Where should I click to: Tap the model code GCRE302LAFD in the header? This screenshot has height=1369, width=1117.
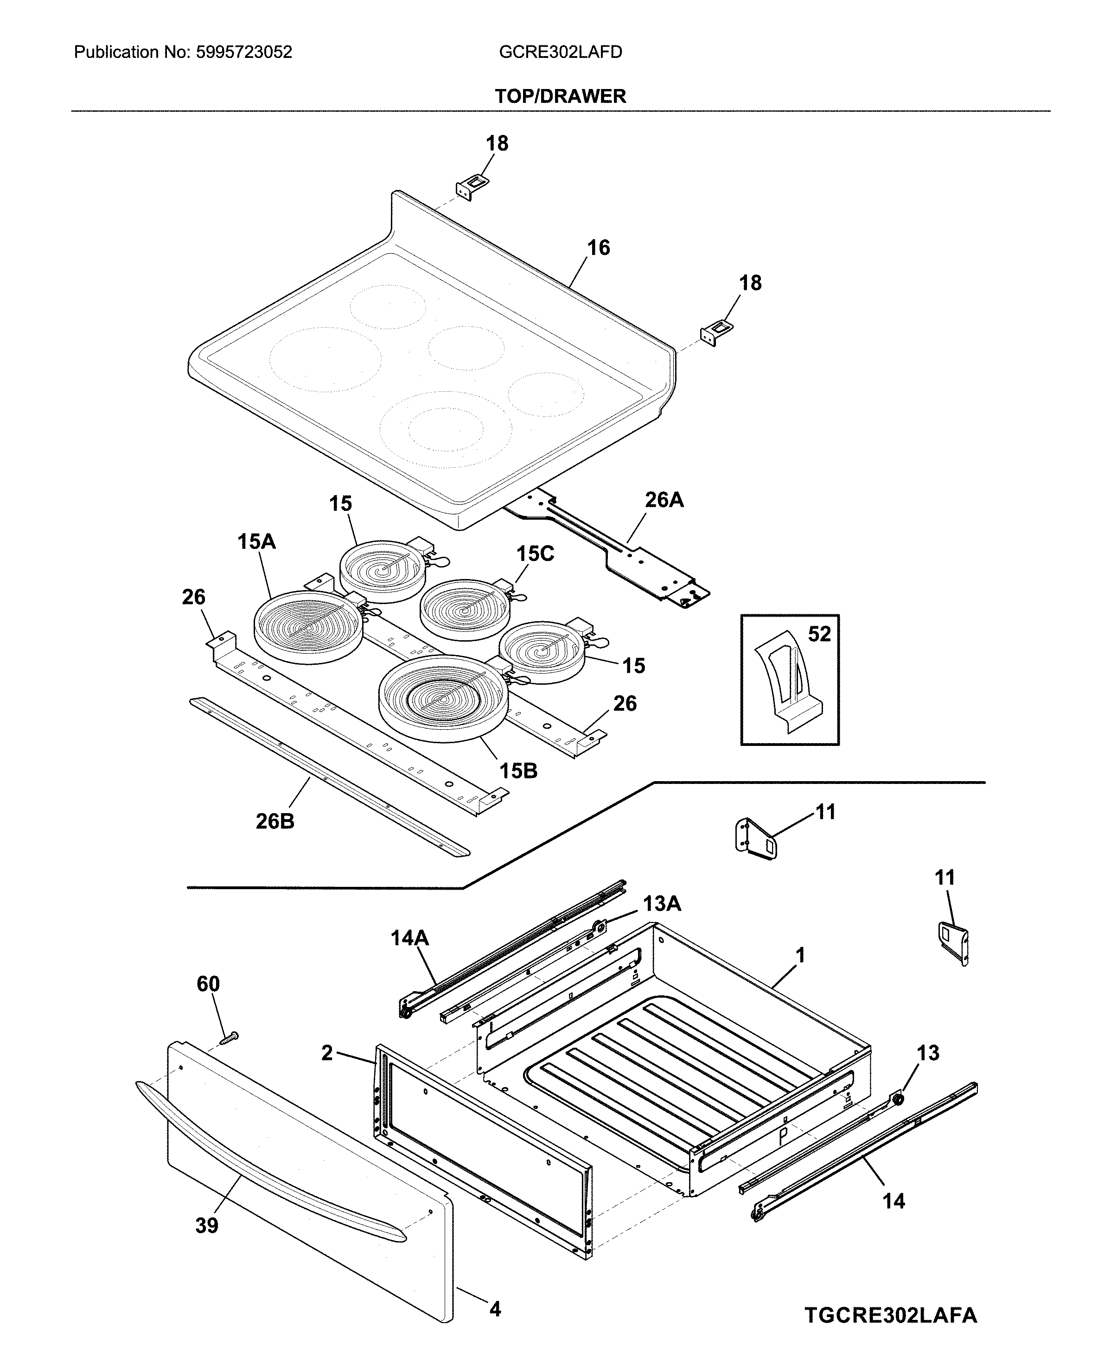point(561,52)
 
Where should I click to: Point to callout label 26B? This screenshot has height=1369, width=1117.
point(275,821)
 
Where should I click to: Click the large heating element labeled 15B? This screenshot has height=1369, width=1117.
point(444,698)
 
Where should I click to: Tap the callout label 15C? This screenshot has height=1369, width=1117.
point(535,554)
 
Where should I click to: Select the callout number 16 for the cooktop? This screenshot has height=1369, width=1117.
point(599,248)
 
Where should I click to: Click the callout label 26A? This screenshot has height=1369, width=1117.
point(664,500)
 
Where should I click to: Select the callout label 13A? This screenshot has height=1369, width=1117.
point(662,904)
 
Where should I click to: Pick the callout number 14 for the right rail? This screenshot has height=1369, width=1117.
point(894,1201)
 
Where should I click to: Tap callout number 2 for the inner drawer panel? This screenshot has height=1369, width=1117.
point(327,1053)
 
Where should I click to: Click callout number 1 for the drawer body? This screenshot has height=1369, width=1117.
point(800,956)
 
